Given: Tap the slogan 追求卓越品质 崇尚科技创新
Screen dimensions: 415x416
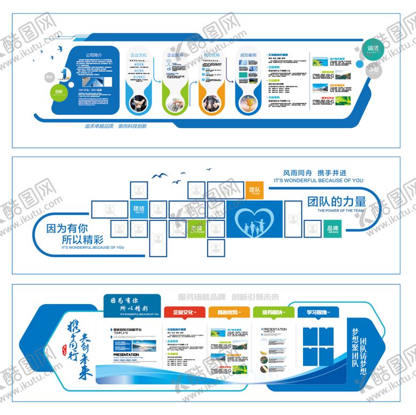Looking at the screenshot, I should pos(116,127).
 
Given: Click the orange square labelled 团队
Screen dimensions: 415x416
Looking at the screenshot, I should pos(254,190).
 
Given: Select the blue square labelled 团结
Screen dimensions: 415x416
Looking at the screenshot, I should pos(139,209).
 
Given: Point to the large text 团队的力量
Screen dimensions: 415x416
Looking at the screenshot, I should pos(337,202).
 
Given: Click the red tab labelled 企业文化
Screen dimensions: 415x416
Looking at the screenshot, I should pos(184,312).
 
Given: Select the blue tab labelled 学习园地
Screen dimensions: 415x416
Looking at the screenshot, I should pos(316,312).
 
